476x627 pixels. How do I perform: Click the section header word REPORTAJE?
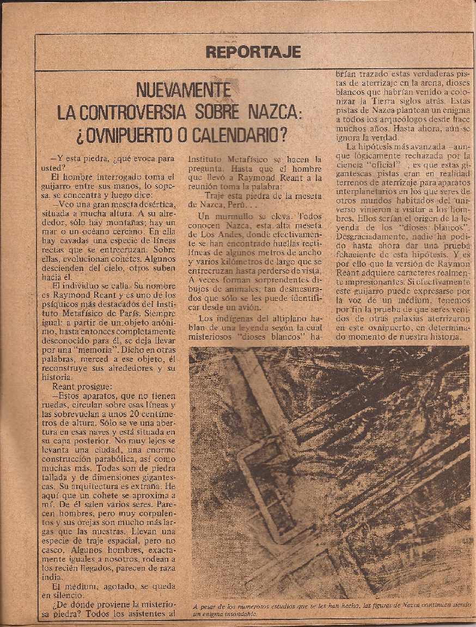pos(254,52)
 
